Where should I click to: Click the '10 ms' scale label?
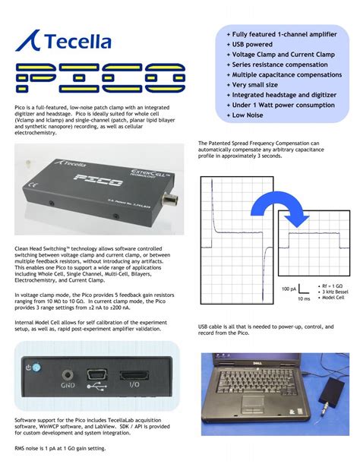pyautogui.click(x=303, y=298)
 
